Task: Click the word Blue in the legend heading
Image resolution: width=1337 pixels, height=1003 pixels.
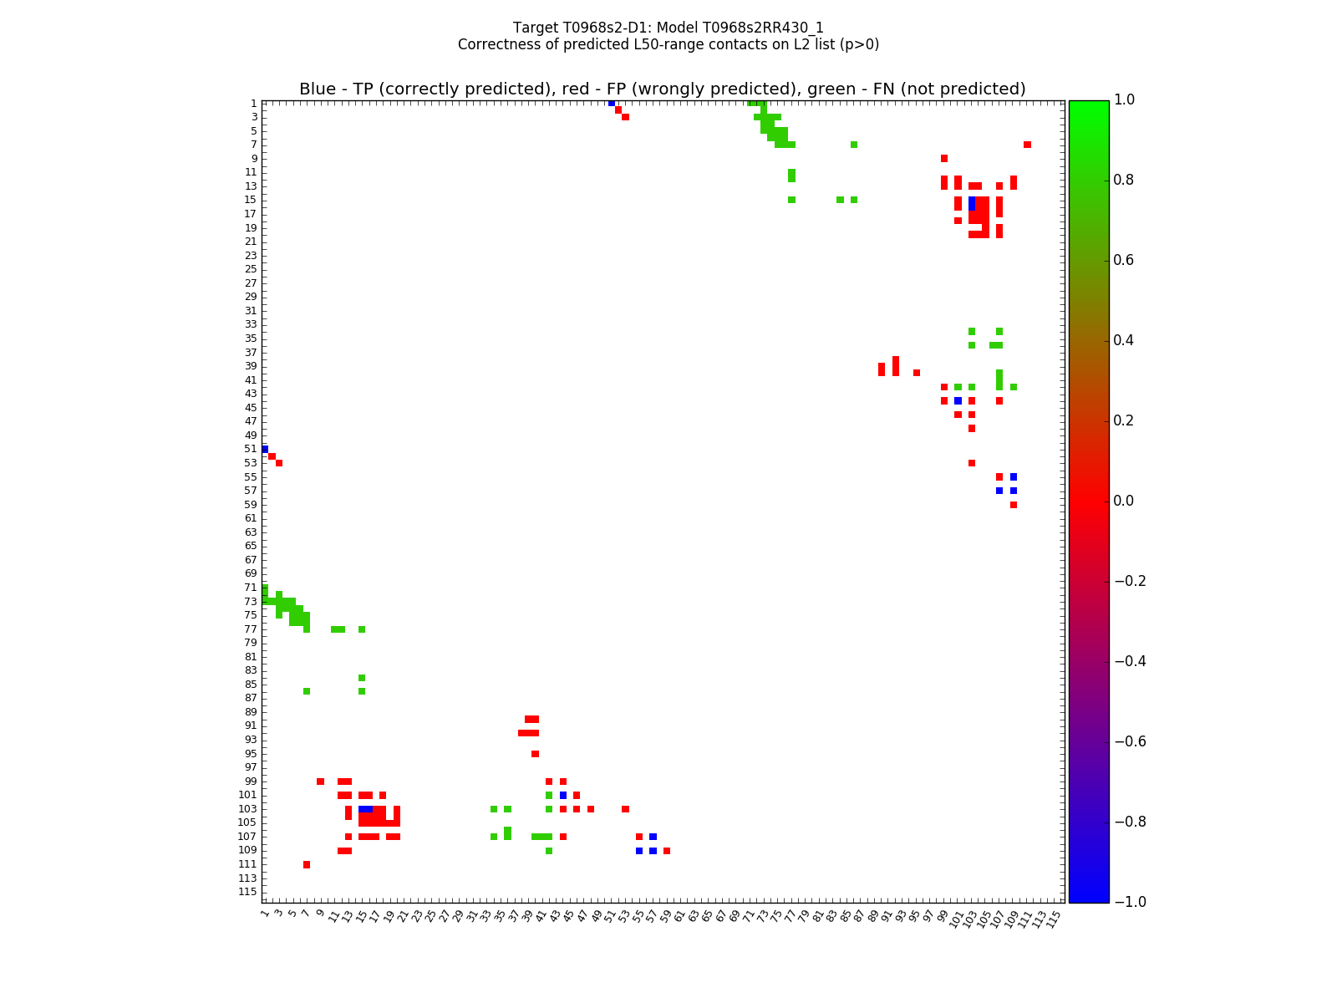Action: click(x=318, y=89)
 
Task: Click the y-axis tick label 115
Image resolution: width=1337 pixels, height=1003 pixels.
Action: click(x=247, y=892)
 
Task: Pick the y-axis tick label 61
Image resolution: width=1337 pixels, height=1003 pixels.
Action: click(x=250, y=518)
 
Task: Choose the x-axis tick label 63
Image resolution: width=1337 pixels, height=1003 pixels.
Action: click(x=694, y=916)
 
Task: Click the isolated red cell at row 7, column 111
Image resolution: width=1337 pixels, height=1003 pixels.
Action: click(x=1027, y=145)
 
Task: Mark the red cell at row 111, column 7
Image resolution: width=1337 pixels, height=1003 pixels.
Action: click(x=307, y=864)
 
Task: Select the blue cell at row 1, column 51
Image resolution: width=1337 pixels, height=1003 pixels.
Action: click(x=612, y=103)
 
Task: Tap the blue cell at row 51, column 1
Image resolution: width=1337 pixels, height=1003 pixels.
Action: click(x=265, y=449)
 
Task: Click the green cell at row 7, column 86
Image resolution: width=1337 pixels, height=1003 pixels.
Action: click(x=854, y=145)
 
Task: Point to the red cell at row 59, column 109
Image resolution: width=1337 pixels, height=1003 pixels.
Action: click(x=1014, y=505)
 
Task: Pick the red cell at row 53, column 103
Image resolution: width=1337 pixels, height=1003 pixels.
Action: click(x=972, y=463)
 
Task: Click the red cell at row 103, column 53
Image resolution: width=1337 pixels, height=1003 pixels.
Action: click(x=625, y=809)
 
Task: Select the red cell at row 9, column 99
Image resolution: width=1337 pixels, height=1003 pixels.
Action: click(x=944, y=158)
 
